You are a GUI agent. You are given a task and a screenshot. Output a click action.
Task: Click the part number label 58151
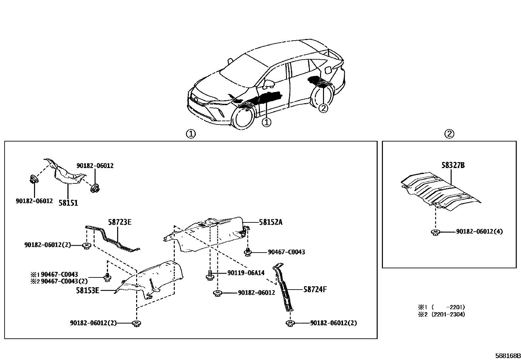[x=68, y=203]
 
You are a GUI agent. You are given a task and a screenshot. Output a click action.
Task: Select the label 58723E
[x=120, y=222]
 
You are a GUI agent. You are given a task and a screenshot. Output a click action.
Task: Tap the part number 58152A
[x=270, y=222]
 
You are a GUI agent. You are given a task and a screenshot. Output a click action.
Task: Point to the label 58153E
[x=87, y=290]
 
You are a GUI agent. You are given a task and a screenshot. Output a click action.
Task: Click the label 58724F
[x=315, y=289]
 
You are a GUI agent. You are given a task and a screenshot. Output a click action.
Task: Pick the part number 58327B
[x=453, y=165]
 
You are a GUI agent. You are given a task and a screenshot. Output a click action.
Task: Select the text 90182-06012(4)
[x=479, y=232]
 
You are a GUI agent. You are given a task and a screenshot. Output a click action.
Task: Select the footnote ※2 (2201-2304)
[x=441, y=314]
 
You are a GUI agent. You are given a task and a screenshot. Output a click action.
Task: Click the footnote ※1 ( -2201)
[x=441, y=307]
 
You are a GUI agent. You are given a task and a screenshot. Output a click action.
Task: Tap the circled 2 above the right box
[x=449, y=134]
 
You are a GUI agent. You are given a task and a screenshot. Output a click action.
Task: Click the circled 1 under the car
[x=267, y=122]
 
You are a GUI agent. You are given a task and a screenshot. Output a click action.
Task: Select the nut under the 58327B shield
[x=435, y=232]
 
